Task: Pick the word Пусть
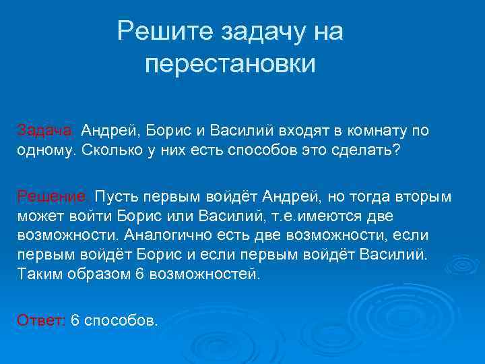(x=115, y=196)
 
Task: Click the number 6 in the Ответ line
(x=75, y=320)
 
